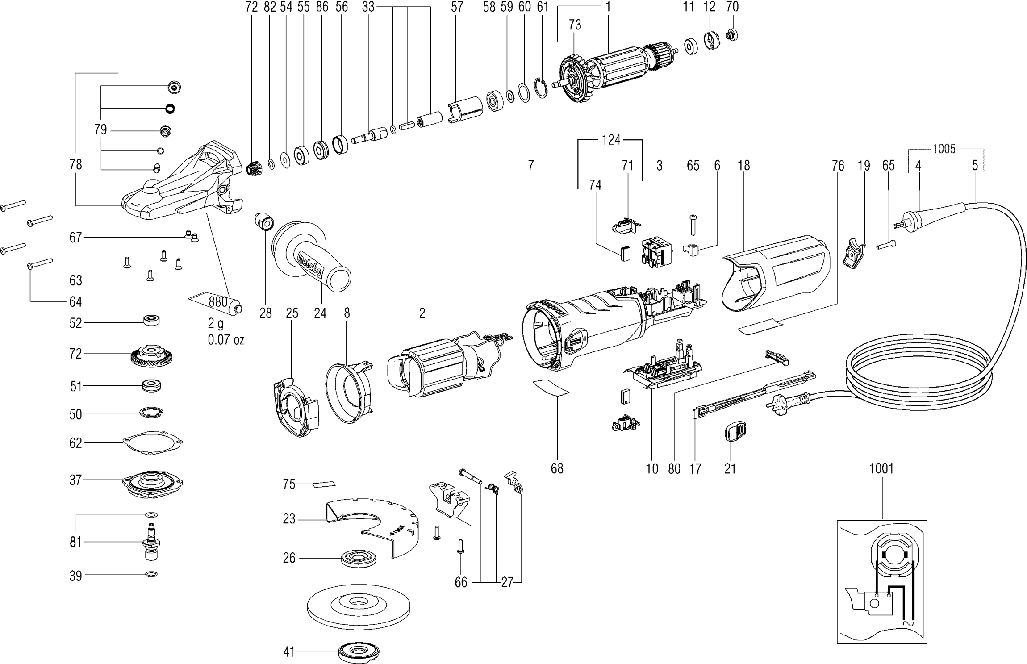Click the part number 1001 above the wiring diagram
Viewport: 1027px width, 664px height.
[881, 469]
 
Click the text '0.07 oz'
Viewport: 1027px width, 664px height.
[226, 340]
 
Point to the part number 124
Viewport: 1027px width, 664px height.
[611, 140]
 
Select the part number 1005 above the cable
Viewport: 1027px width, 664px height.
[944, 149]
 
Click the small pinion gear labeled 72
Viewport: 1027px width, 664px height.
[253, 169]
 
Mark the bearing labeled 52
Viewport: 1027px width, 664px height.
[152, 321]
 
